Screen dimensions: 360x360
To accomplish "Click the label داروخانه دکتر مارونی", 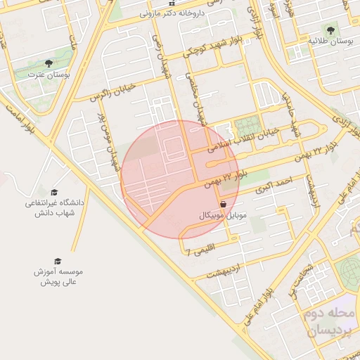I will pyautogui.click(x=172, y=13).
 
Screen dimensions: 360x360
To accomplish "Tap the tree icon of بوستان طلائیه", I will pyautogui.click(x=331, y=30).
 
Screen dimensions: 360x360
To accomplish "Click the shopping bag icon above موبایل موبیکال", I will pyautogui.click(x=223, y=204).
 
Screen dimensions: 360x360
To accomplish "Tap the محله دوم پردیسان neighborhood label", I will pyautogui.click(x=333, y=321).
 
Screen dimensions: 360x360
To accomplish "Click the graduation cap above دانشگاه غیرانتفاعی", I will pyautogui.click(x=55, y=192).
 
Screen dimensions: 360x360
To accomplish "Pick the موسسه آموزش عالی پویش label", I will pyautogui.click(x=58, y=276).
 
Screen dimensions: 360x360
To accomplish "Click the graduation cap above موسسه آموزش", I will pyautogui.click(x=58, y=260).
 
